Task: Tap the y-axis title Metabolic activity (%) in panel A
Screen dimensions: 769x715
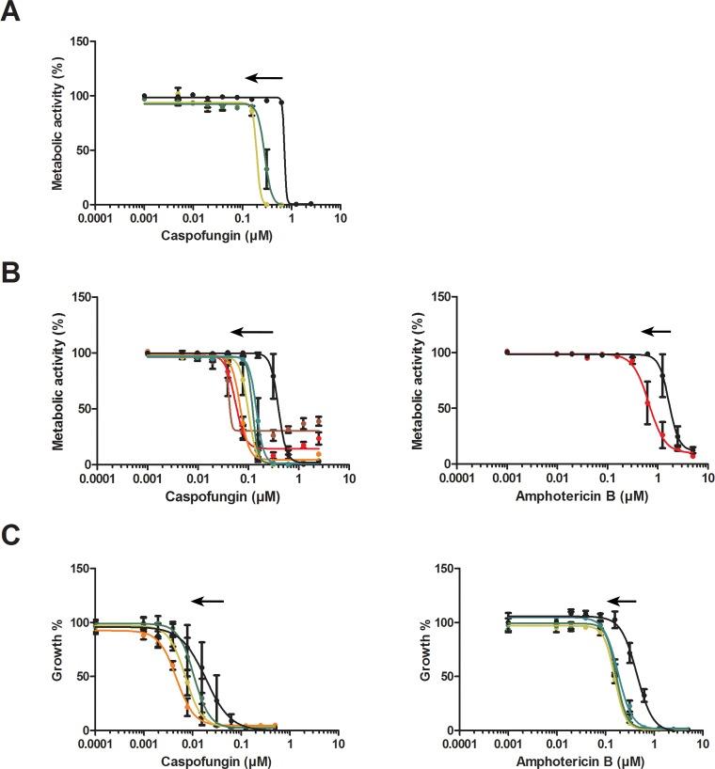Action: pos(57,123)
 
